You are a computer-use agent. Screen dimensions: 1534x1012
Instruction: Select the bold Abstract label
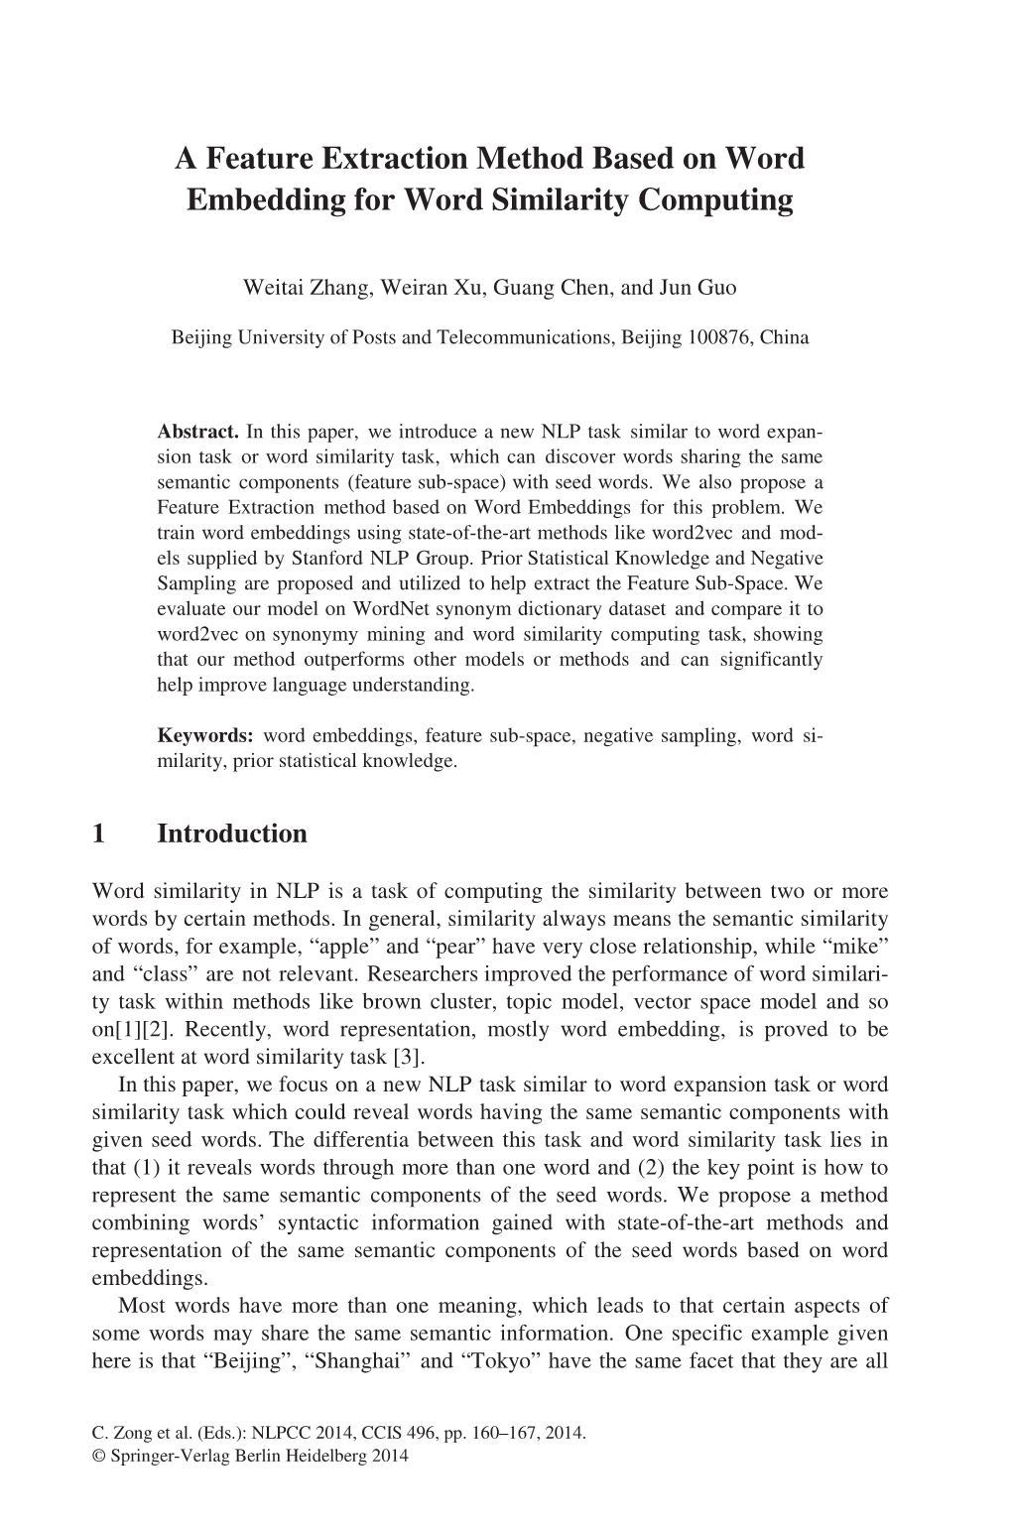(198, 433)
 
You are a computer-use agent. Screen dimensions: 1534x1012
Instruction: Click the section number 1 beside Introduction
(97, 833)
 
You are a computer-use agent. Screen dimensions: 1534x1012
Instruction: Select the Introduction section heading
(232, 833)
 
